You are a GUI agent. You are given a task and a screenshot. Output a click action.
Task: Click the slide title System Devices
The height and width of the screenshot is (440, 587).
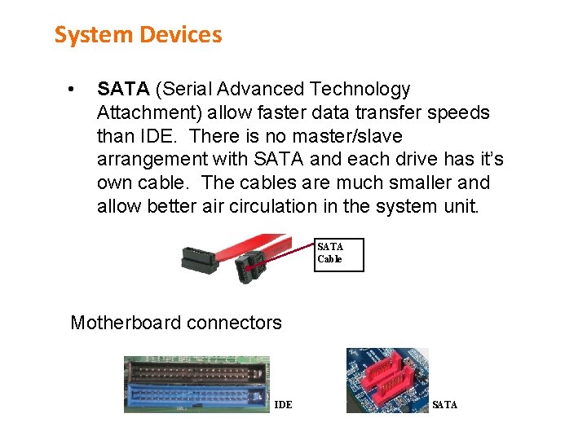coord(138,35)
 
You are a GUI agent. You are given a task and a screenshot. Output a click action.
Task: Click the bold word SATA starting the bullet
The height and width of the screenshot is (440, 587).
coord(123,89)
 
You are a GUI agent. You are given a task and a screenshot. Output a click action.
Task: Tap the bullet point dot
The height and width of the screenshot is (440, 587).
coord(73,89)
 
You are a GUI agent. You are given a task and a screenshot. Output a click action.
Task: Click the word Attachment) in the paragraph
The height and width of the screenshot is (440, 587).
coord(143,112)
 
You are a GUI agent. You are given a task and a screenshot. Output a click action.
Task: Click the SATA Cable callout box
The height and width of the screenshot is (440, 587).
coord(340,254)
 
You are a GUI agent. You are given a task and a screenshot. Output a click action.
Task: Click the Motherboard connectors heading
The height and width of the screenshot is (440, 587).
coord(176,323)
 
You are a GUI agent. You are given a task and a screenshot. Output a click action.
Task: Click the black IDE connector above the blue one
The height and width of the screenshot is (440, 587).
coord(196,371)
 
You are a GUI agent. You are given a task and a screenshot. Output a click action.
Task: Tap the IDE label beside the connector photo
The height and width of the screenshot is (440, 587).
coord(283,405)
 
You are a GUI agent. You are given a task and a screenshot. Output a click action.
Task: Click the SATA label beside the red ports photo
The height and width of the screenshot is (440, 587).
coord(444,405)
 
